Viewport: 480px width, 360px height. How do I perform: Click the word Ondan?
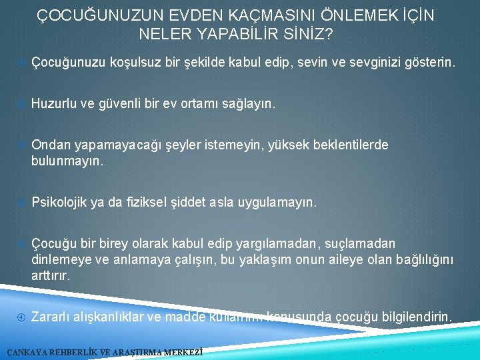click(x=49, y=145)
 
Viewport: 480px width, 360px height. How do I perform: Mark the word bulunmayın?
click(x=67, y=161)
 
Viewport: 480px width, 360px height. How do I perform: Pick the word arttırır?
click(x=51, y=275)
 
